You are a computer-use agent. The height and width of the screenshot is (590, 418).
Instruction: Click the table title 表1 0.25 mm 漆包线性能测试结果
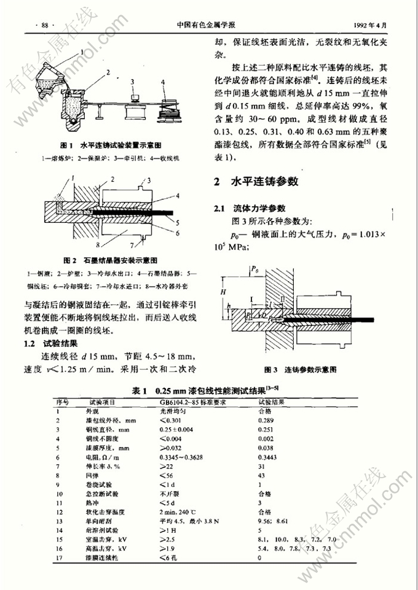(x=208, y=390)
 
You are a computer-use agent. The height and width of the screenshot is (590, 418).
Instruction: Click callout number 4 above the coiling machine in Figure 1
(x=162, y=82)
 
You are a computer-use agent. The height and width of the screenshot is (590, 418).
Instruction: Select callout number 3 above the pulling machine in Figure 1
(x=132, y=82)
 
